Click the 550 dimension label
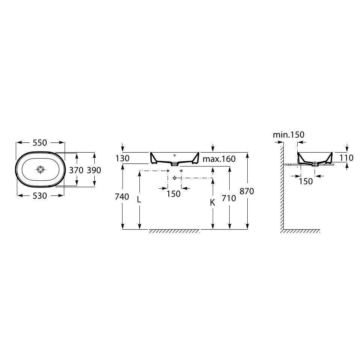tap(40, 143)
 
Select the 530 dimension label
tap(40, 196)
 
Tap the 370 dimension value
tap(76, 170)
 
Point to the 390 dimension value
tap(94, 170)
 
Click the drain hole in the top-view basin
tap(41, 169)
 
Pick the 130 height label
tap(123, 158)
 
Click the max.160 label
tap(219, 159)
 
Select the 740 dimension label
tap(122, 197)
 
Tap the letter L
tap(139, 200)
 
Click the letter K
tap(212, 203)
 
